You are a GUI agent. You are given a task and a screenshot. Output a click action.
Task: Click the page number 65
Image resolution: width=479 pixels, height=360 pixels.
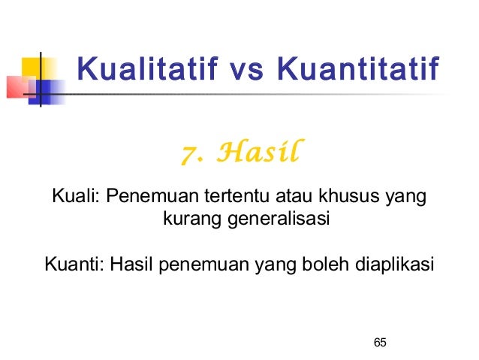(379, 343)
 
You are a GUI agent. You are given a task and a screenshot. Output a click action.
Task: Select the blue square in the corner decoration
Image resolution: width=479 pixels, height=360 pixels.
(48, 91)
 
